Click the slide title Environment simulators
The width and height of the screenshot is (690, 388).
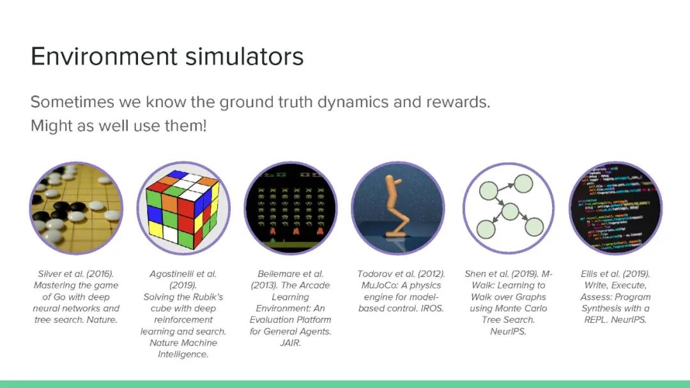[x=167, y=57]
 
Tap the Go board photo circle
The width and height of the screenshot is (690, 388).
[x=76, y=208]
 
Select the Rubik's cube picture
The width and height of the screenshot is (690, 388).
[x=183, y=208]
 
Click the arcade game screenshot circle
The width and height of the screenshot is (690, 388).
[x=291, y=208]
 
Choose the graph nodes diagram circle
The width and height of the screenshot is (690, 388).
[x=509, y=208]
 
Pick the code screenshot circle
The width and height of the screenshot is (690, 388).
[x=615, y=208]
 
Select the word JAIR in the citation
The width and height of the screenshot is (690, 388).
[x=291, y=343]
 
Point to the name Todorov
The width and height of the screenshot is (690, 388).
[x=376, y=274]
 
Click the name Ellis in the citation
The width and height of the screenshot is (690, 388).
[x=592, y=274]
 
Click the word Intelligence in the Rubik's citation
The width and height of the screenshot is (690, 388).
[x=183, y=354]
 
